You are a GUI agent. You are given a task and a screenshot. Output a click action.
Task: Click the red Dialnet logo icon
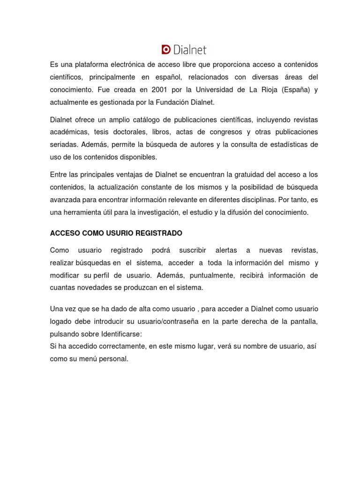coord(165,50)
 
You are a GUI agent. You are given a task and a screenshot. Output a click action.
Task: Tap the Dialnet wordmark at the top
coord(189,50)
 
